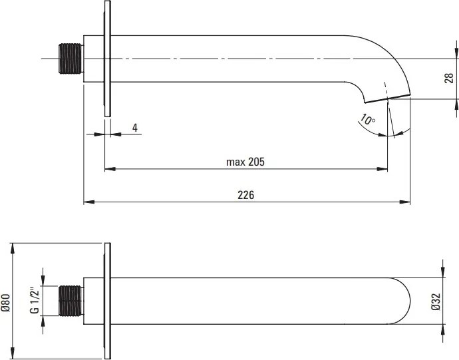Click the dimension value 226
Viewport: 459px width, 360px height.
click(x=246, y=194)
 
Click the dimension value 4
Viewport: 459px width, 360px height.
click(x=135, y=126)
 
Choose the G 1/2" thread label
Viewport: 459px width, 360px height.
click(x=33, y=301)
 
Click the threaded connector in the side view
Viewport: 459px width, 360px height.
click(x=69, y=59)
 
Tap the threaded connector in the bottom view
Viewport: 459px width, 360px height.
click(x=69, y=301)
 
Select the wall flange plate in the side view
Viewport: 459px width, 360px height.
click(x=106, y=59)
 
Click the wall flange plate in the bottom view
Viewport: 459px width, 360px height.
click(x=106, y=301)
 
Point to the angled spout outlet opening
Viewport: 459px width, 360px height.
click(x=386, y=100)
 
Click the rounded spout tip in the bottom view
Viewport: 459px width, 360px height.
click(x=406, y=301)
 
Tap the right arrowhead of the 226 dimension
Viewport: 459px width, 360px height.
click(x=406, y=202)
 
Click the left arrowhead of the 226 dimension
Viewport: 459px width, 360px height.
click(x=87, y=202)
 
